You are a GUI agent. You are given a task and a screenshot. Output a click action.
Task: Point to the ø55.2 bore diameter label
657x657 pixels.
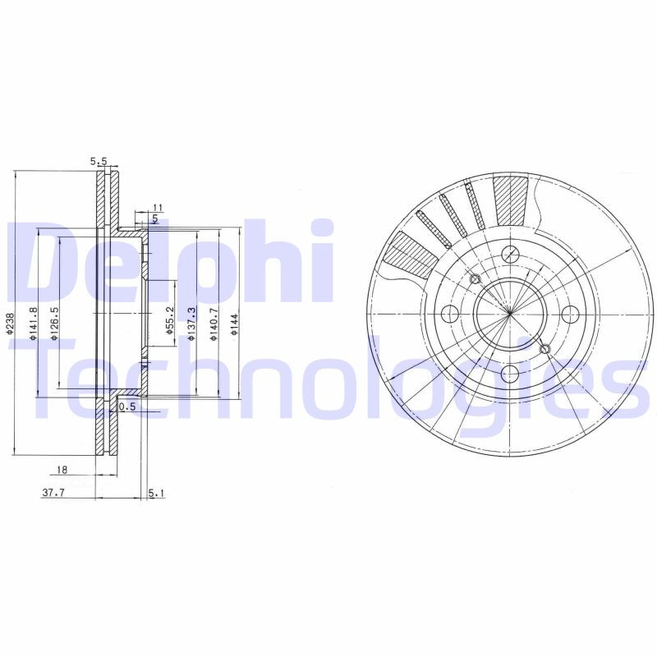[169, 321]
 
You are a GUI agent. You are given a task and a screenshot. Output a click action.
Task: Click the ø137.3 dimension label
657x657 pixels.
[191, 321]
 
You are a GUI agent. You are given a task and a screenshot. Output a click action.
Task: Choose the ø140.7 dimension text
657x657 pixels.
[213, 321]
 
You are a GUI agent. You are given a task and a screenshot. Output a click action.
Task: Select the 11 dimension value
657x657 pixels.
[159, 207]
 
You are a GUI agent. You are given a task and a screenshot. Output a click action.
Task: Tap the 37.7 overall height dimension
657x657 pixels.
[53, 493]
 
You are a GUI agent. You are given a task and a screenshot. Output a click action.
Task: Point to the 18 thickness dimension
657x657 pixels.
[62, 470]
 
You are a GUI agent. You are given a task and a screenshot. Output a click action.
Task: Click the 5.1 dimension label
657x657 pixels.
[157, 493]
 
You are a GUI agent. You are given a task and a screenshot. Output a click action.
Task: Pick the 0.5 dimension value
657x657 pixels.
[126, 407]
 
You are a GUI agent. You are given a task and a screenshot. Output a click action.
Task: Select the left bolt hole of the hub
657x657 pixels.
[448, 314]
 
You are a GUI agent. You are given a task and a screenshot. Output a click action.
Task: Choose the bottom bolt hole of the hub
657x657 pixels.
[509, 374]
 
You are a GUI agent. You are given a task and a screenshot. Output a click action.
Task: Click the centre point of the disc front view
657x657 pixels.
[509, 314]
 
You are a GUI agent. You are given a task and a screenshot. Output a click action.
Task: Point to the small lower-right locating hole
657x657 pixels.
[545, 350]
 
